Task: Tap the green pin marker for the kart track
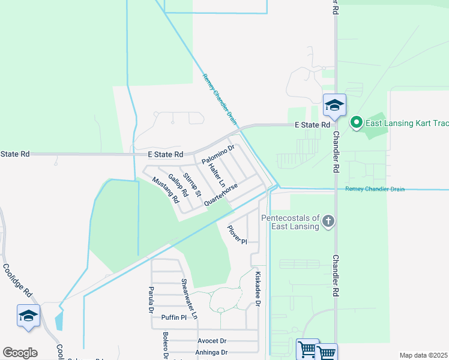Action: point(356,123)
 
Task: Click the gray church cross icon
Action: point(328,221)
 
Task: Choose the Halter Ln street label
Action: point(217,175)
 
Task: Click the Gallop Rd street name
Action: point(178,185)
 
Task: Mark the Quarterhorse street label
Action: point(221,195)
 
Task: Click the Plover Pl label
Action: point(237,235)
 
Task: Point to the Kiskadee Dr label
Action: point(258,289)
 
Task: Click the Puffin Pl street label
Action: point(174,317)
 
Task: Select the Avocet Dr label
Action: point(212,340)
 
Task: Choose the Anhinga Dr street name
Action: point(212,352)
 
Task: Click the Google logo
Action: point(20,353)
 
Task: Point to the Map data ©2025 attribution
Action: point(423,355)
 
